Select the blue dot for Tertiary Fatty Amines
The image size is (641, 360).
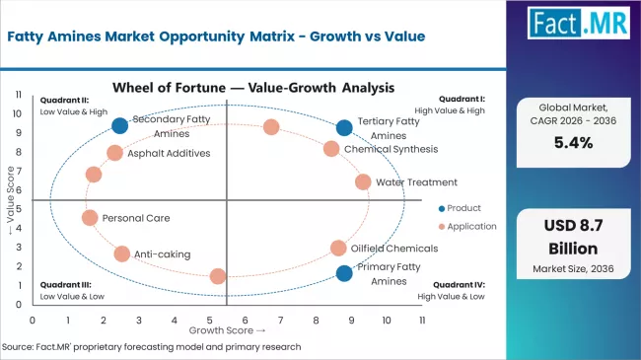pos(343,127)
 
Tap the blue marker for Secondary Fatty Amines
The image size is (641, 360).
pos(119,125)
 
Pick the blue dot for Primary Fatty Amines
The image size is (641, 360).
pos(343,273)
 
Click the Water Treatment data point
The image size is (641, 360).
pos(363,181)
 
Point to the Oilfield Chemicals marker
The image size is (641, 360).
pos(338,248)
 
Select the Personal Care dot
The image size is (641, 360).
pos(90,218)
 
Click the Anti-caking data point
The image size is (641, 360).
pos(121,253)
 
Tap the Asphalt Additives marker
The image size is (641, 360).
pos(114,153)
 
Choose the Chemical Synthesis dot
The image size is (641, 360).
pos(331,149)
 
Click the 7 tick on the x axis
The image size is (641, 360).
pos(281,321)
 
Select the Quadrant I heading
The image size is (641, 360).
pos(461,99)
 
